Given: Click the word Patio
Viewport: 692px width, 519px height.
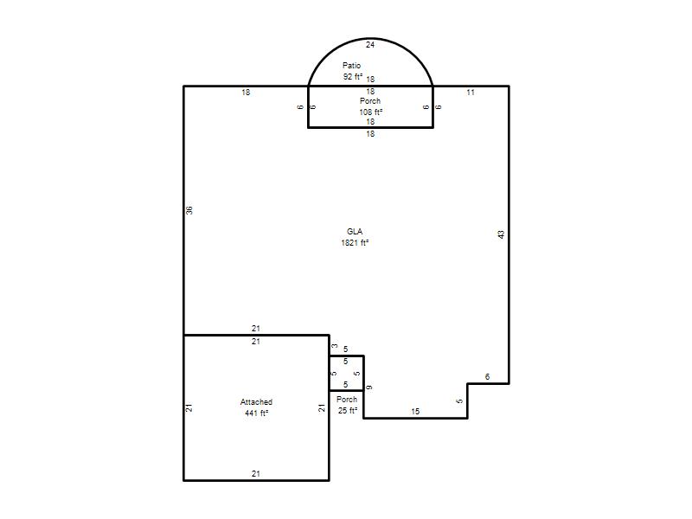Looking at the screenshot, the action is [x=351, y=66].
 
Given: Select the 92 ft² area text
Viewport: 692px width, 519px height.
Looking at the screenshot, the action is [x=353, y=76].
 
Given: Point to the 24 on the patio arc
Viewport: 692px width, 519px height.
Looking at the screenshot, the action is [x=370, y=45].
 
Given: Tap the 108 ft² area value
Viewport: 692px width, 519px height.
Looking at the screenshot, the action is [x=370, y=112].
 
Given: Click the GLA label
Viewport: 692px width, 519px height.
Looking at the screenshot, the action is [x=355, y=231].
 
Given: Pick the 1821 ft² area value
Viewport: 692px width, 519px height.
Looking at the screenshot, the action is [x=355, y=243].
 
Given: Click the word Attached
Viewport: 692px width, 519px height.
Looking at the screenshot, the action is [x=256, y=402].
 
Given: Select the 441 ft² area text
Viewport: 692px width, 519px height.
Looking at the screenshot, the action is [x=256, y=413].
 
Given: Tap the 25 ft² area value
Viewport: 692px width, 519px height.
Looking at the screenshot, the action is [x=348, y=410].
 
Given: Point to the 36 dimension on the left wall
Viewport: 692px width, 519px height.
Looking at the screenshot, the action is [x=189, y=210].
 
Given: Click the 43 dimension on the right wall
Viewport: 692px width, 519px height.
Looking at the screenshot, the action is [x=501, y=234].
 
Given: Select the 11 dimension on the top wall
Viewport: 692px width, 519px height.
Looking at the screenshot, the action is [x=471, y=93].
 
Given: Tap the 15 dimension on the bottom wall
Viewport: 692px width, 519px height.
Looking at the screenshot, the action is [x=415, y=412].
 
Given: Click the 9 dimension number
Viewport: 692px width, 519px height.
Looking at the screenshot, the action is [x=369, y=388].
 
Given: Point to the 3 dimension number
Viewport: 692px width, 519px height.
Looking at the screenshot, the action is [x=335, y=346].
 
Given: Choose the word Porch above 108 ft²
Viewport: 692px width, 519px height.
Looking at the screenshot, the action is [x=370, y=101].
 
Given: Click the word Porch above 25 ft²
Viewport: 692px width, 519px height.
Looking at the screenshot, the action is [x=347, y=400].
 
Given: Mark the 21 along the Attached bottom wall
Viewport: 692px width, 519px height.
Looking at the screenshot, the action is [x=256, y=473].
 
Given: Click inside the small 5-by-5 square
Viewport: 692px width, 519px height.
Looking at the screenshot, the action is [x=347, y=373].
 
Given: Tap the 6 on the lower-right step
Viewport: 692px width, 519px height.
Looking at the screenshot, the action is [x=487, y=377].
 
